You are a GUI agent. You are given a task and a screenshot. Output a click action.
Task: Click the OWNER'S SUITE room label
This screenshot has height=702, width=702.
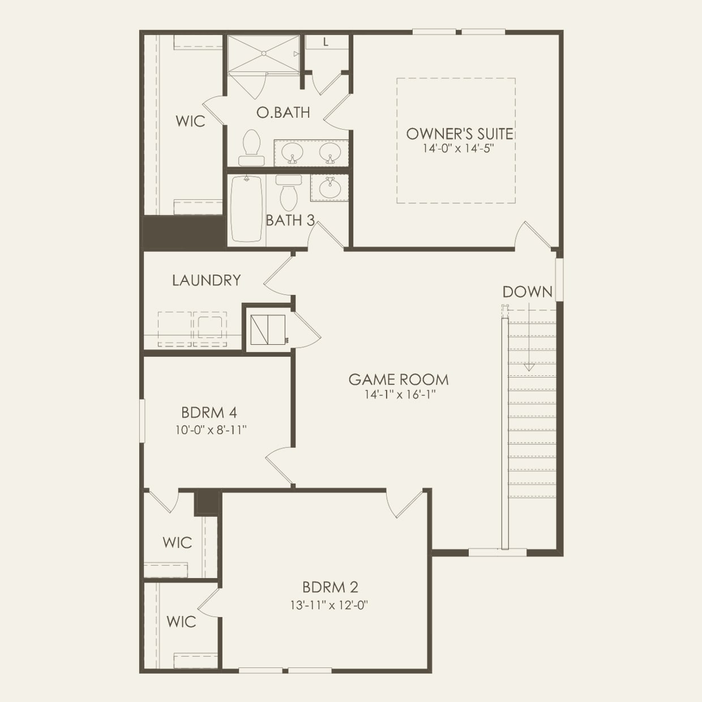(460, 134)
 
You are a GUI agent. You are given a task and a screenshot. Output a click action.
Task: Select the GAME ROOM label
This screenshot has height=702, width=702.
(399, 379)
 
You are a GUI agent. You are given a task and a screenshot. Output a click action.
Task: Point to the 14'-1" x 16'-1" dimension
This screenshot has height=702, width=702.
(400, 395)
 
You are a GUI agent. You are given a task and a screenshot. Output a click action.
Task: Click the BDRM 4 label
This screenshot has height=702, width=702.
(209, 412)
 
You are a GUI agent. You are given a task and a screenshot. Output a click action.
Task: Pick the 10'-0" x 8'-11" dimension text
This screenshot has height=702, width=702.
(211, 430)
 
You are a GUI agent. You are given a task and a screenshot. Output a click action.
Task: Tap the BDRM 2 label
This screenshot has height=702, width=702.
(330, 587)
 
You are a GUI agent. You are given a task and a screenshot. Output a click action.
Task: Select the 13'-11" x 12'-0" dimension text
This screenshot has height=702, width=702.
(329, 605)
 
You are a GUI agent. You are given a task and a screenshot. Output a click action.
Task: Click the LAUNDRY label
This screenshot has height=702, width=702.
(207, 280)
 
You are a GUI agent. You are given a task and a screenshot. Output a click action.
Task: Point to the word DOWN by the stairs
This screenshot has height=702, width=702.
(527, 292)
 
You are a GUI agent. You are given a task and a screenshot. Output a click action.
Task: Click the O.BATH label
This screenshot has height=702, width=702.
(283, 112)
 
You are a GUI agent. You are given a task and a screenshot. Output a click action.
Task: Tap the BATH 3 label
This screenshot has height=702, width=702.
(290, 220)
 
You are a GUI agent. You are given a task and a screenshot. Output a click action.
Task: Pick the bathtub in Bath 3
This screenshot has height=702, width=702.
(246, 208)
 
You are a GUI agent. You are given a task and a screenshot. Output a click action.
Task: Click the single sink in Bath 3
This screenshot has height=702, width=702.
(329, 187)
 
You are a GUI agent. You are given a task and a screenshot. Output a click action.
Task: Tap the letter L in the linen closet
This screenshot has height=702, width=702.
(326, 42)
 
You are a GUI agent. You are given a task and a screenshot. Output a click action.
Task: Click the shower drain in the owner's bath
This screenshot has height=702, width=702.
(263, 53)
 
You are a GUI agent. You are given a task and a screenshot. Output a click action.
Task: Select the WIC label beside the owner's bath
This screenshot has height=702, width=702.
(190, 121)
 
